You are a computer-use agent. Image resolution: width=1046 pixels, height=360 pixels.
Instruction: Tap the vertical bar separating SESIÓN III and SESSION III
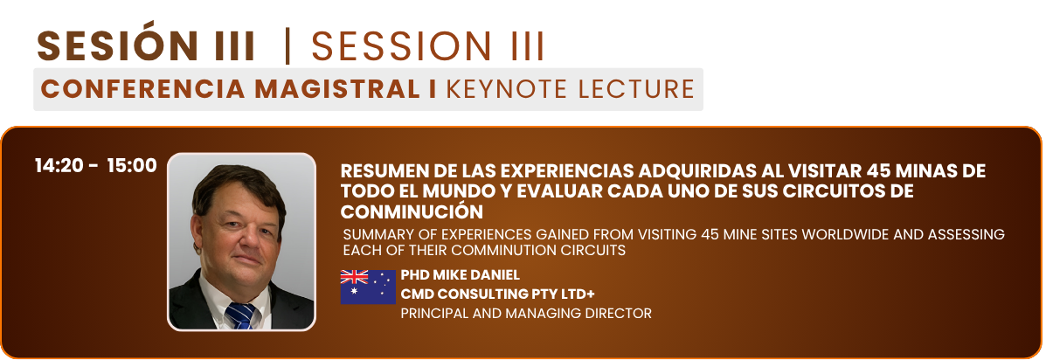[x=287, y=46]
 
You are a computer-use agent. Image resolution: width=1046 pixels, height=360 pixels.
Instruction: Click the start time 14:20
[x=60, y=166]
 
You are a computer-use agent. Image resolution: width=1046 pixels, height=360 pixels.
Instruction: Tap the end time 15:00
[x=132, y=166]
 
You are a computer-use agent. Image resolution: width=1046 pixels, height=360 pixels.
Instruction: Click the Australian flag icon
[x=368, y=287]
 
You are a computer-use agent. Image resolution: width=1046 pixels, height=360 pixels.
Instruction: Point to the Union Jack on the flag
[x=354, y=277]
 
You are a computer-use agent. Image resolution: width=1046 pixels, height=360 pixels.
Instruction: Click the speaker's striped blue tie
[x=241, y=315]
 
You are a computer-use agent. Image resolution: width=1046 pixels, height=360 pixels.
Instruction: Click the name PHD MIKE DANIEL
[x=461, y=275]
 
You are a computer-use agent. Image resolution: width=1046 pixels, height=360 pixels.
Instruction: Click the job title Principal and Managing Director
[x=526, y=314]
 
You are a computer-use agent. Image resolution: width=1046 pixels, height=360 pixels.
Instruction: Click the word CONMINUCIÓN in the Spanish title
[x=412, y=212]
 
